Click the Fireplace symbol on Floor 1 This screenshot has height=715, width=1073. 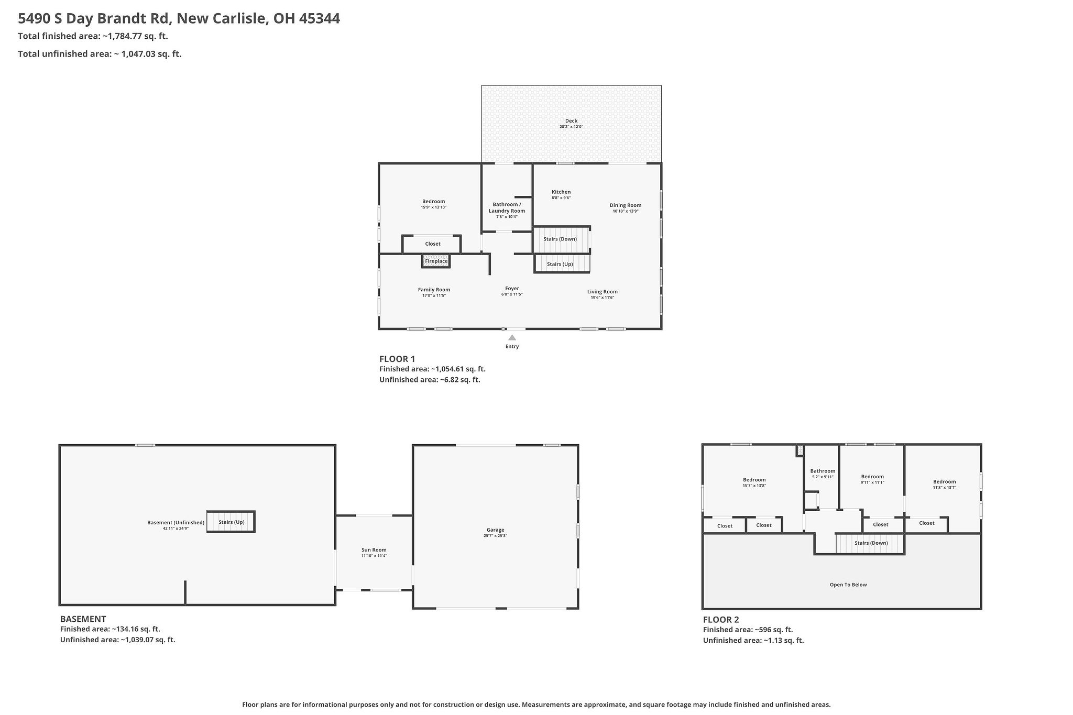(x=436, y=261)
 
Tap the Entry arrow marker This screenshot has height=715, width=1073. (x=512, y=338)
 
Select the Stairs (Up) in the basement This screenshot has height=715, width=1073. (x=231, y=522)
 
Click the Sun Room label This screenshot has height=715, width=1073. (x=374, y=550)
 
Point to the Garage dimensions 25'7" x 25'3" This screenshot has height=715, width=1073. (x=495, y=536)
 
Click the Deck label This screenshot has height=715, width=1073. (x=571, y=121)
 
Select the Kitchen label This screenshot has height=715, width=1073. (x=561, y=192)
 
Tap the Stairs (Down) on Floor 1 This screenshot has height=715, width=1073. (x=560, y=239)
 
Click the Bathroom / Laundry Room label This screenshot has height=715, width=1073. (x=507, y=207)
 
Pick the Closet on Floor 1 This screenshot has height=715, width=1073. (x=433, y=244)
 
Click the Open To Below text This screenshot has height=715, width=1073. (x=848, y=585)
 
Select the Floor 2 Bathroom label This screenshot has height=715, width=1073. (x=822, y=471)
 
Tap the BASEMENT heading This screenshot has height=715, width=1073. (x=83, y=619)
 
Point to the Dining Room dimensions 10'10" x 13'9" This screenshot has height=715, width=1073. (x=625, y=211)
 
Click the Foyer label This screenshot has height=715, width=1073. (x=512, y=289)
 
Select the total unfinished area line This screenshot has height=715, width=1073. (x=100, y=54)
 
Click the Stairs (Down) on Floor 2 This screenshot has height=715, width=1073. (x=871, y=543)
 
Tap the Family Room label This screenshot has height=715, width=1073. (x=434, y=290)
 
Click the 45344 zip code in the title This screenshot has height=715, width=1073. (x=319, y=19)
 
